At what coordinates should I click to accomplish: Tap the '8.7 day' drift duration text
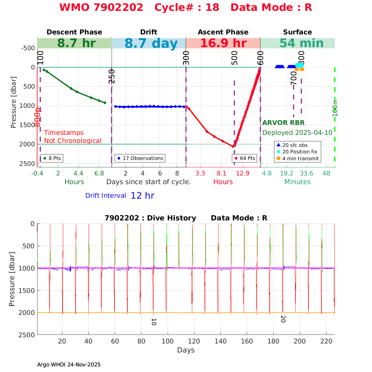(x=151, y=44)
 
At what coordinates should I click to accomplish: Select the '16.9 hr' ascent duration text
(x=223, y=43)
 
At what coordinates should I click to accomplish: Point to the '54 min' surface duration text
(x=297, y=43)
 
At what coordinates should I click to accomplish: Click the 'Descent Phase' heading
(x=74, y=32)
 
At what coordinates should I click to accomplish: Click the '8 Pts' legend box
(x=52, y=158)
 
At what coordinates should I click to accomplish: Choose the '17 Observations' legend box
(x=140, y=158)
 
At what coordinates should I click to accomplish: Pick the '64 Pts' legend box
(x=245, y=158)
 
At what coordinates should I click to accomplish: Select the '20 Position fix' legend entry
(x=297, y=152)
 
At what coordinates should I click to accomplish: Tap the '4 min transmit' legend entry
(x=297, y=158)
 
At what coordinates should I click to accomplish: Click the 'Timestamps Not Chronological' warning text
(x=73, y=137)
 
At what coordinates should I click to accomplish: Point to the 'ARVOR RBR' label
(x=283, y=123)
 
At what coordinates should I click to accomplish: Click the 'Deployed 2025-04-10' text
(x=297, y=133)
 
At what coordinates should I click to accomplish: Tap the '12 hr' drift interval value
(x=142, y=196)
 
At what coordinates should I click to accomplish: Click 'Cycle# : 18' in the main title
(x=187, y=7)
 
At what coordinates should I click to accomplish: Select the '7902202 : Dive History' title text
(x=150, y=218)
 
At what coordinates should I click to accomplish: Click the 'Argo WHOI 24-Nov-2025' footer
(x=69, y=365)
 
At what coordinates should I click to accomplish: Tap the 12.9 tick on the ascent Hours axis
(x=242, y=173)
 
